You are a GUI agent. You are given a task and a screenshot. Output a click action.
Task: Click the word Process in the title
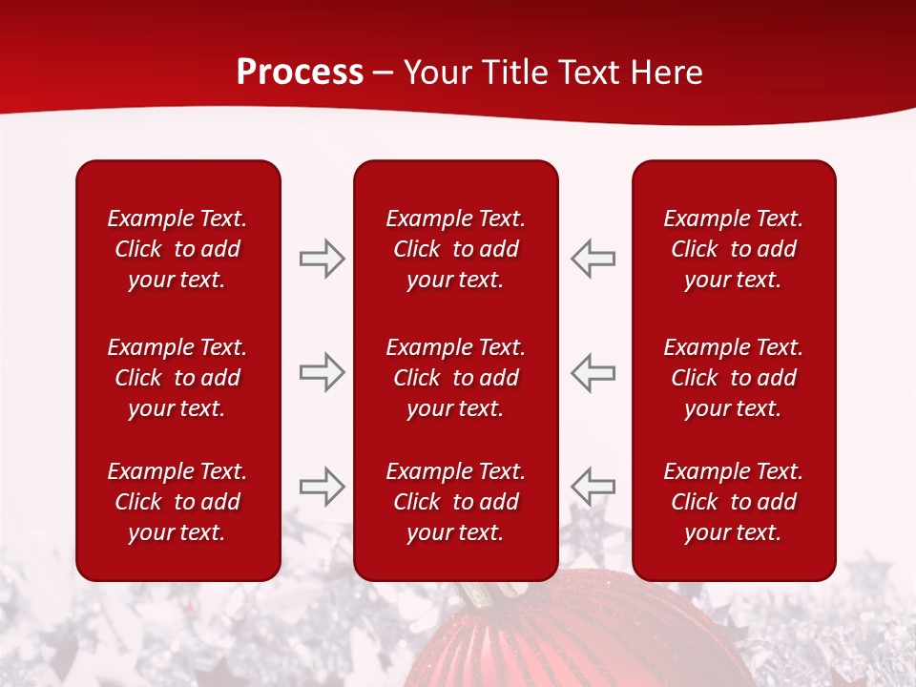tap(300, 73)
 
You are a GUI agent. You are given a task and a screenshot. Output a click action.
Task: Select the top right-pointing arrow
tap(322, 259)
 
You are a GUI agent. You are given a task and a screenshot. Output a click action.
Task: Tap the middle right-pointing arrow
tap(322, 372)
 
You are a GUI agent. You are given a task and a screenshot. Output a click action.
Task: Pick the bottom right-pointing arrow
tap(322, 487)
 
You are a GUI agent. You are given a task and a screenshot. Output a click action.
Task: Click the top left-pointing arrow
tap(593, 259)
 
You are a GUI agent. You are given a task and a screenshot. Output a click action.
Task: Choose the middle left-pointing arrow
tap(593, 372)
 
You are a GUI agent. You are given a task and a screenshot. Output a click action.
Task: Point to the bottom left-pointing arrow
tap(593, 487)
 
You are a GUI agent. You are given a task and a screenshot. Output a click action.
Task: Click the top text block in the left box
tap(177, 249)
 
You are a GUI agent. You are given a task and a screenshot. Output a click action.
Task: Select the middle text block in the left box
tap(177, 378)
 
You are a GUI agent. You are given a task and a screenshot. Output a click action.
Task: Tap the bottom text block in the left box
tap(177, 502)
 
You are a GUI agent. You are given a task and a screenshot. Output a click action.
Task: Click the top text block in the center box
tap(455, 249)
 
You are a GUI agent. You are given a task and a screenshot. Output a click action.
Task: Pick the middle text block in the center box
tap(455, 378)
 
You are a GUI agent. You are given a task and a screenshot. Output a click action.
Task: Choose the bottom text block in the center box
tap(455, 502)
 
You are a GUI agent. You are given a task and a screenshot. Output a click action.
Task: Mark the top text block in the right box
tap(733, 249)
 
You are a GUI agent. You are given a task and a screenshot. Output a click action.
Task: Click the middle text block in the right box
tap(733, 378)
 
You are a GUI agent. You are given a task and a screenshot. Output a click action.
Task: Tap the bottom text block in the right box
tap(733, 502)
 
